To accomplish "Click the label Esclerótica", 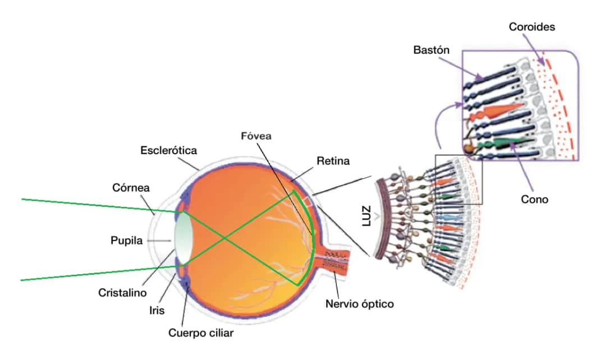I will click(x=169, y=150).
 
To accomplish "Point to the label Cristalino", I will click(x=122, y=293).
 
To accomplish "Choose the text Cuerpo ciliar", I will click(x=201, y=333).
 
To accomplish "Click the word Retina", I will click(x=333, y=161).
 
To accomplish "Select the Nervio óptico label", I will click(x=360, y=304).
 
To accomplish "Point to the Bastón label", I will click(x=431, y=50).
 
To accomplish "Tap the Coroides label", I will click(x=532, y=26).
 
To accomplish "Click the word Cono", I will click(x=534, y=199).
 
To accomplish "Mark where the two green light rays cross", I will click(x=226, y=239).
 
